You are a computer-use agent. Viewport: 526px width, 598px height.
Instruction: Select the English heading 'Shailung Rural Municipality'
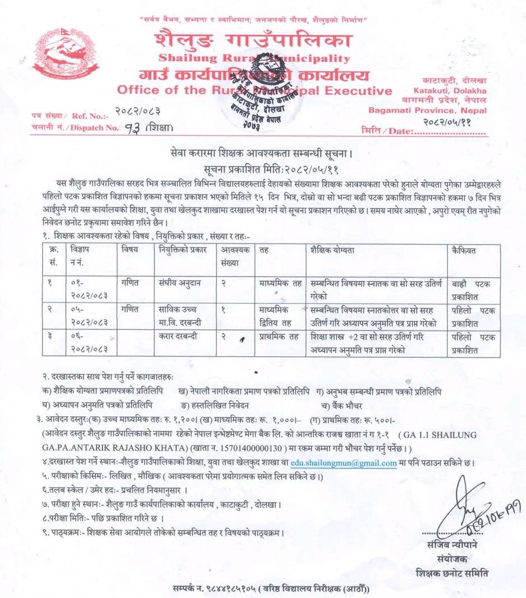(254, 58)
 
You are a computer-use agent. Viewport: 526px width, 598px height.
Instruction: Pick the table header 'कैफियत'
(464, 251)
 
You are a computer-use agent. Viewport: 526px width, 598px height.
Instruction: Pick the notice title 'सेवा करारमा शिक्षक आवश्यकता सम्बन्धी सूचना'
(263, 153)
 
